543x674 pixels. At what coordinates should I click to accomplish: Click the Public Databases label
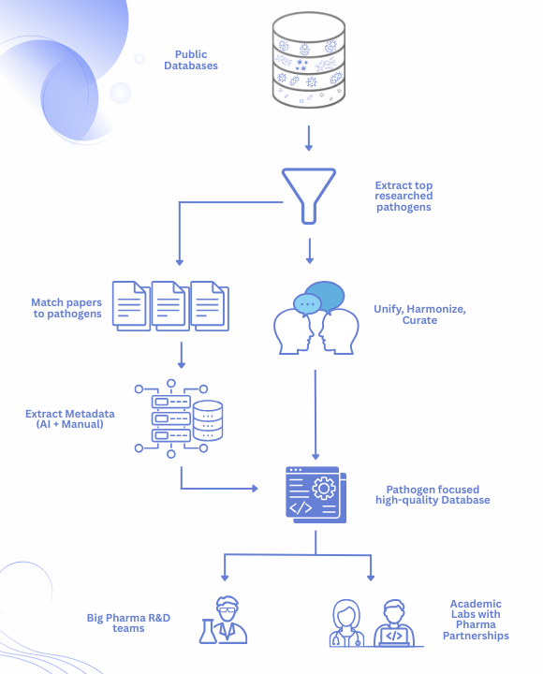click(x=191, y=59)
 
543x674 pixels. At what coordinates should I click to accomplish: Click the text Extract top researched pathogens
click(x=404, y=196)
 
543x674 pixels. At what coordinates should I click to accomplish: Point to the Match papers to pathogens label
click(x=66, y=308)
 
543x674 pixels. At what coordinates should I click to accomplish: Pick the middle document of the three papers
click(x=170, y=305)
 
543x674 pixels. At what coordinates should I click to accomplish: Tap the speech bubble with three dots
click(x=306, y=304)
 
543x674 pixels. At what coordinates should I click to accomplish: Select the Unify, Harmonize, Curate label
click(x=420, y=315)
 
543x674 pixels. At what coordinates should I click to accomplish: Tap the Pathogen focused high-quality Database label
click(x=438, y=494)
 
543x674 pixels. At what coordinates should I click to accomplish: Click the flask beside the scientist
click(x=207, y=632)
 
